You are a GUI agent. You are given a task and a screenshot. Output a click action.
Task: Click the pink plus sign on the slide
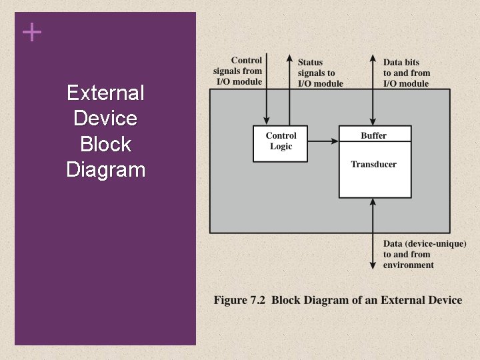pyautogui.click(x=31, y=32)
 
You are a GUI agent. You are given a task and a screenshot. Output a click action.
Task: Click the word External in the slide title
pyautogui.click(x=105, y=93)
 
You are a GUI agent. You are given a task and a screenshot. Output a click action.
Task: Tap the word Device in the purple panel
pyautogui.click(x=105, y=119)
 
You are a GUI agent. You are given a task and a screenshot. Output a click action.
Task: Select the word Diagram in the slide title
pyautogui.click(x=105, y=169)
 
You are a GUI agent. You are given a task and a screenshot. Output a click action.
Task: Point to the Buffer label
pyautogui.click(x=374, y=135)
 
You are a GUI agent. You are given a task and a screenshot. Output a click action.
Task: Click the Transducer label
pyautogui.click(x=374, y=164)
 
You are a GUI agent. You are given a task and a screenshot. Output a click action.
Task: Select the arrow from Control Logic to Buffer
pyautogui.click(x=323, y=141)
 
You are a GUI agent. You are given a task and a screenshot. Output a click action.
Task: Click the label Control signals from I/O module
pyautogui.click(x=238, y=71)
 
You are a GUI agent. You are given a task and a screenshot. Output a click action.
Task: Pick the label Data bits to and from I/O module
pyautogui.click(x=406, y=73)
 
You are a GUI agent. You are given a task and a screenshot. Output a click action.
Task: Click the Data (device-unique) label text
pyautogui.click(x=424, y=244)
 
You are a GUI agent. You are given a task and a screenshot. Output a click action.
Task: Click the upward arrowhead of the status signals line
pyautogui.click(x=289, y=57)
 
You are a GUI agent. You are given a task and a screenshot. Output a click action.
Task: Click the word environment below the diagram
pyautogui.click(x=409, y=265)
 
